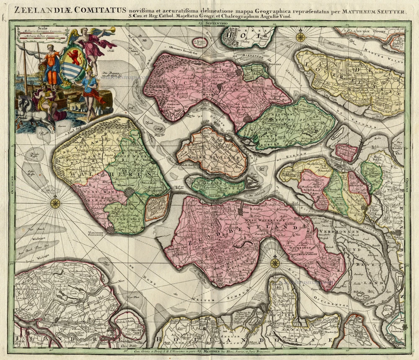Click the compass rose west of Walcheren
(x=55, y=203)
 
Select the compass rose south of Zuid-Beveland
(x=275, y=263)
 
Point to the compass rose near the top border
(x=300, y=37)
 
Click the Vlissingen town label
(x=101, y=235)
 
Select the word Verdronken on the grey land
(x=333, y=231)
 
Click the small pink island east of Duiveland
(x=347, y=152)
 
